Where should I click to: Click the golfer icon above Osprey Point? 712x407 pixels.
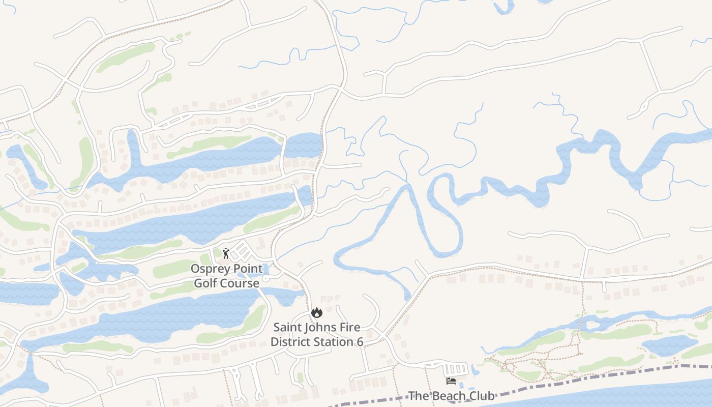(226, 253)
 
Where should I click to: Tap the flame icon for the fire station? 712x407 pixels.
(317, 312)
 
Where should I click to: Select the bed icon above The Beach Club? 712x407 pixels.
(451, 381)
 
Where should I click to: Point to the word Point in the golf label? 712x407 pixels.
(249, 269)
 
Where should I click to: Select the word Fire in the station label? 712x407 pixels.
(351, 327)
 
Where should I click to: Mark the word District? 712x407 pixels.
(288, 341)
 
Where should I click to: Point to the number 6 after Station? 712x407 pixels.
(360, 341)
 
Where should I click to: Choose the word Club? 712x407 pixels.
(482, 396)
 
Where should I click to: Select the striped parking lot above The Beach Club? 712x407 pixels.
(456, 368)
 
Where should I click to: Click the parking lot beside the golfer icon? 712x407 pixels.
(242, 251)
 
